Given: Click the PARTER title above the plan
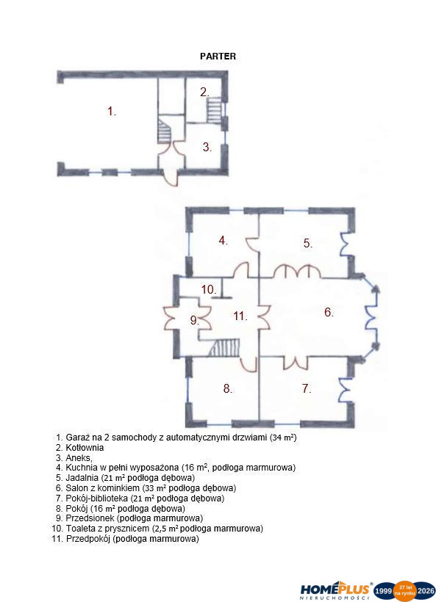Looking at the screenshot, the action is [218, 56].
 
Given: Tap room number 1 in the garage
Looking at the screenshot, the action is [112, 112].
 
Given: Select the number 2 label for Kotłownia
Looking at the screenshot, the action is [204, 93].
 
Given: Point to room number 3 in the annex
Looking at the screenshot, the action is [207, 147].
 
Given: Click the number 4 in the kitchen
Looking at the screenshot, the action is [223, 241].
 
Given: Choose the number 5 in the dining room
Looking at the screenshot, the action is [307, 243].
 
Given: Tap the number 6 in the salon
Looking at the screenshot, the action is [329, 312].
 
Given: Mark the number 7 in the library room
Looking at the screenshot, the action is [306, 388].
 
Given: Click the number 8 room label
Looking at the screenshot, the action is [228, 388].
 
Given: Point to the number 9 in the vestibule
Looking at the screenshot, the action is [195, 320].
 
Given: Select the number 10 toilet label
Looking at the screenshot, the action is [209, 289].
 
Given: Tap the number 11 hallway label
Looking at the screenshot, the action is [240, 316].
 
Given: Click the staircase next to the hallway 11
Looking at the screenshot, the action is [224, 348].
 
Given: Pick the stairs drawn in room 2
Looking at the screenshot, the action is [215, 110].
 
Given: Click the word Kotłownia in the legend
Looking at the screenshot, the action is [85, 448].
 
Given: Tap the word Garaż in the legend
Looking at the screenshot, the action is [77, 438].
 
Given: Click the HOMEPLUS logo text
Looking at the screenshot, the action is [335, 589].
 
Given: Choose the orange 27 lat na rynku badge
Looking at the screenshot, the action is [405, 591].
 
